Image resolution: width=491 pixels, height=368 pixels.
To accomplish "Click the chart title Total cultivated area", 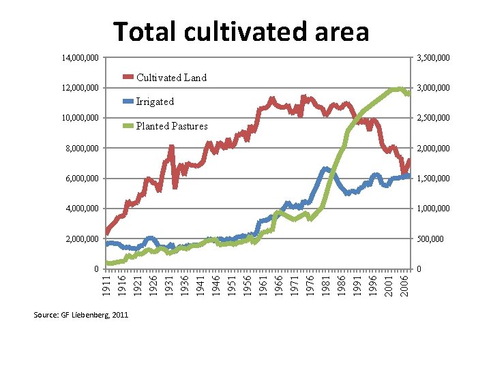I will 241,32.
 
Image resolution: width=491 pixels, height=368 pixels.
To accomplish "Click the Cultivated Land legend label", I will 171,78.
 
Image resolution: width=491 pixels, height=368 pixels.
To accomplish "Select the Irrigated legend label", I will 155,102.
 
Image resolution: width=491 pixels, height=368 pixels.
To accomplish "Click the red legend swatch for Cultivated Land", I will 128,78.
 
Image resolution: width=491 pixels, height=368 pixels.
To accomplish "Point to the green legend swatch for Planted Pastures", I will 128,126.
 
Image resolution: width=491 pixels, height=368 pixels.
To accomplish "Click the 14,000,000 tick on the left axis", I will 81,59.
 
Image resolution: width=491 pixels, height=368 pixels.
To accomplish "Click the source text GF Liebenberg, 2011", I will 80,314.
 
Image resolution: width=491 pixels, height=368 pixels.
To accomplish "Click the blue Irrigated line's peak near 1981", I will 325,168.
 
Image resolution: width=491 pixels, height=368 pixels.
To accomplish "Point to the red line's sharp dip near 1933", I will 175,186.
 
